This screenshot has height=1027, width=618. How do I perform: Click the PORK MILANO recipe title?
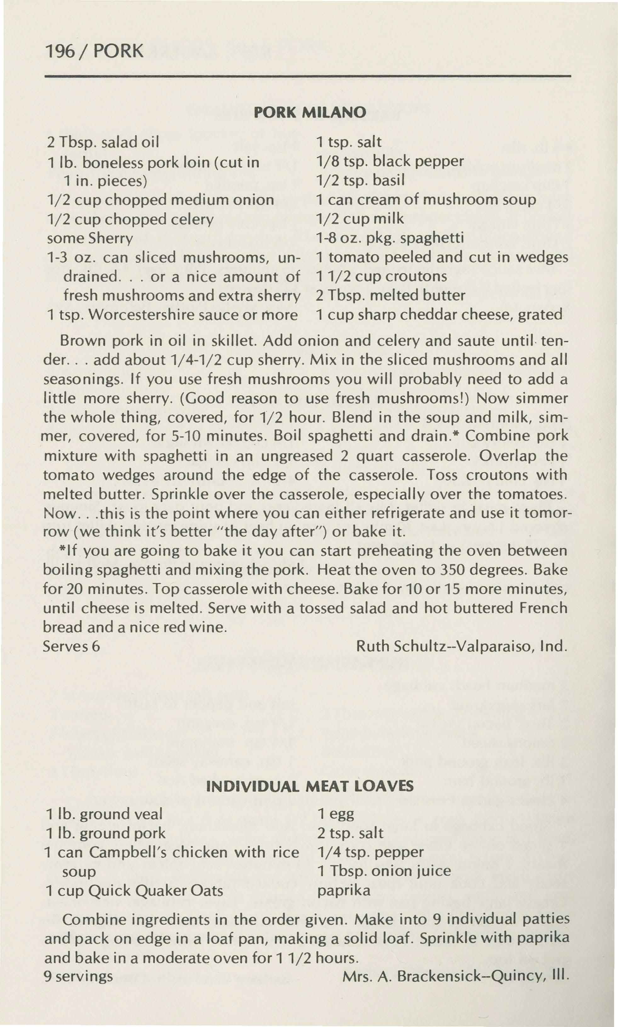point(310,112)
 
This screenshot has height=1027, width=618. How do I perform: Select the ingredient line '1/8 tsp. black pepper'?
point(390,161)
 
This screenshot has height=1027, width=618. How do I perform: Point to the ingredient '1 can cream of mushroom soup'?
point(426,200)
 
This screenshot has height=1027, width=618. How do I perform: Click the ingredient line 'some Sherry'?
point(90,238)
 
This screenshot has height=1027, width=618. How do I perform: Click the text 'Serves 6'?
point(72,646)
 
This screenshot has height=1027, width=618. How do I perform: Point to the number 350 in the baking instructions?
point(453,569)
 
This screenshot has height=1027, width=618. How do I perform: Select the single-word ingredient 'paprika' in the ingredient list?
point(343,890)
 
